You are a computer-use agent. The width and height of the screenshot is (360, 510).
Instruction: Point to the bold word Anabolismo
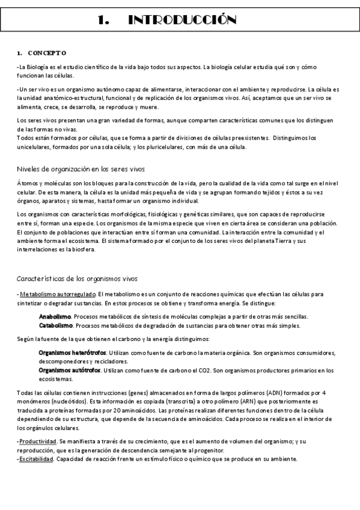pyautogui.click(x=55, y=316)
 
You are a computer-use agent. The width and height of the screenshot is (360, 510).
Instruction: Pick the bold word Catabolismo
pyautogui.click(x=56, y=325)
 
